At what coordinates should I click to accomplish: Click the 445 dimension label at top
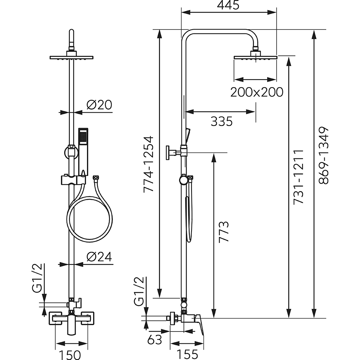click(x=229, y=5)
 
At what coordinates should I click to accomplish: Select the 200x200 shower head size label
click(x=257, y=92)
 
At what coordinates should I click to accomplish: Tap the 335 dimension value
click(x=221, y=122)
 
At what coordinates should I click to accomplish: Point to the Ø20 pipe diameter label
click(x=99, y=105)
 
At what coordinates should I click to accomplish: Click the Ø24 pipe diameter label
click(x=99, y=257)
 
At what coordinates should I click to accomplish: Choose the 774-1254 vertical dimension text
click(x=148, y=164)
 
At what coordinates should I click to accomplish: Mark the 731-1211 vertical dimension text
click(x=298, y=176)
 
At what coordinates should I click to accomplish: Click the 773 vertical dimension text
click(x=224, y=232)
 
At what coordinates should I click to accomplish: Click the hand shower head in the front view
click(x=84, y=137)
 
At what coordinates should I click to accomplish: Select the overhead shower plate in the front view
click(x=72, y=57)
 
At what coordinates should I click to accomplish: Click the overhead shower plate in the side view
click(x=255, y=57)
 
